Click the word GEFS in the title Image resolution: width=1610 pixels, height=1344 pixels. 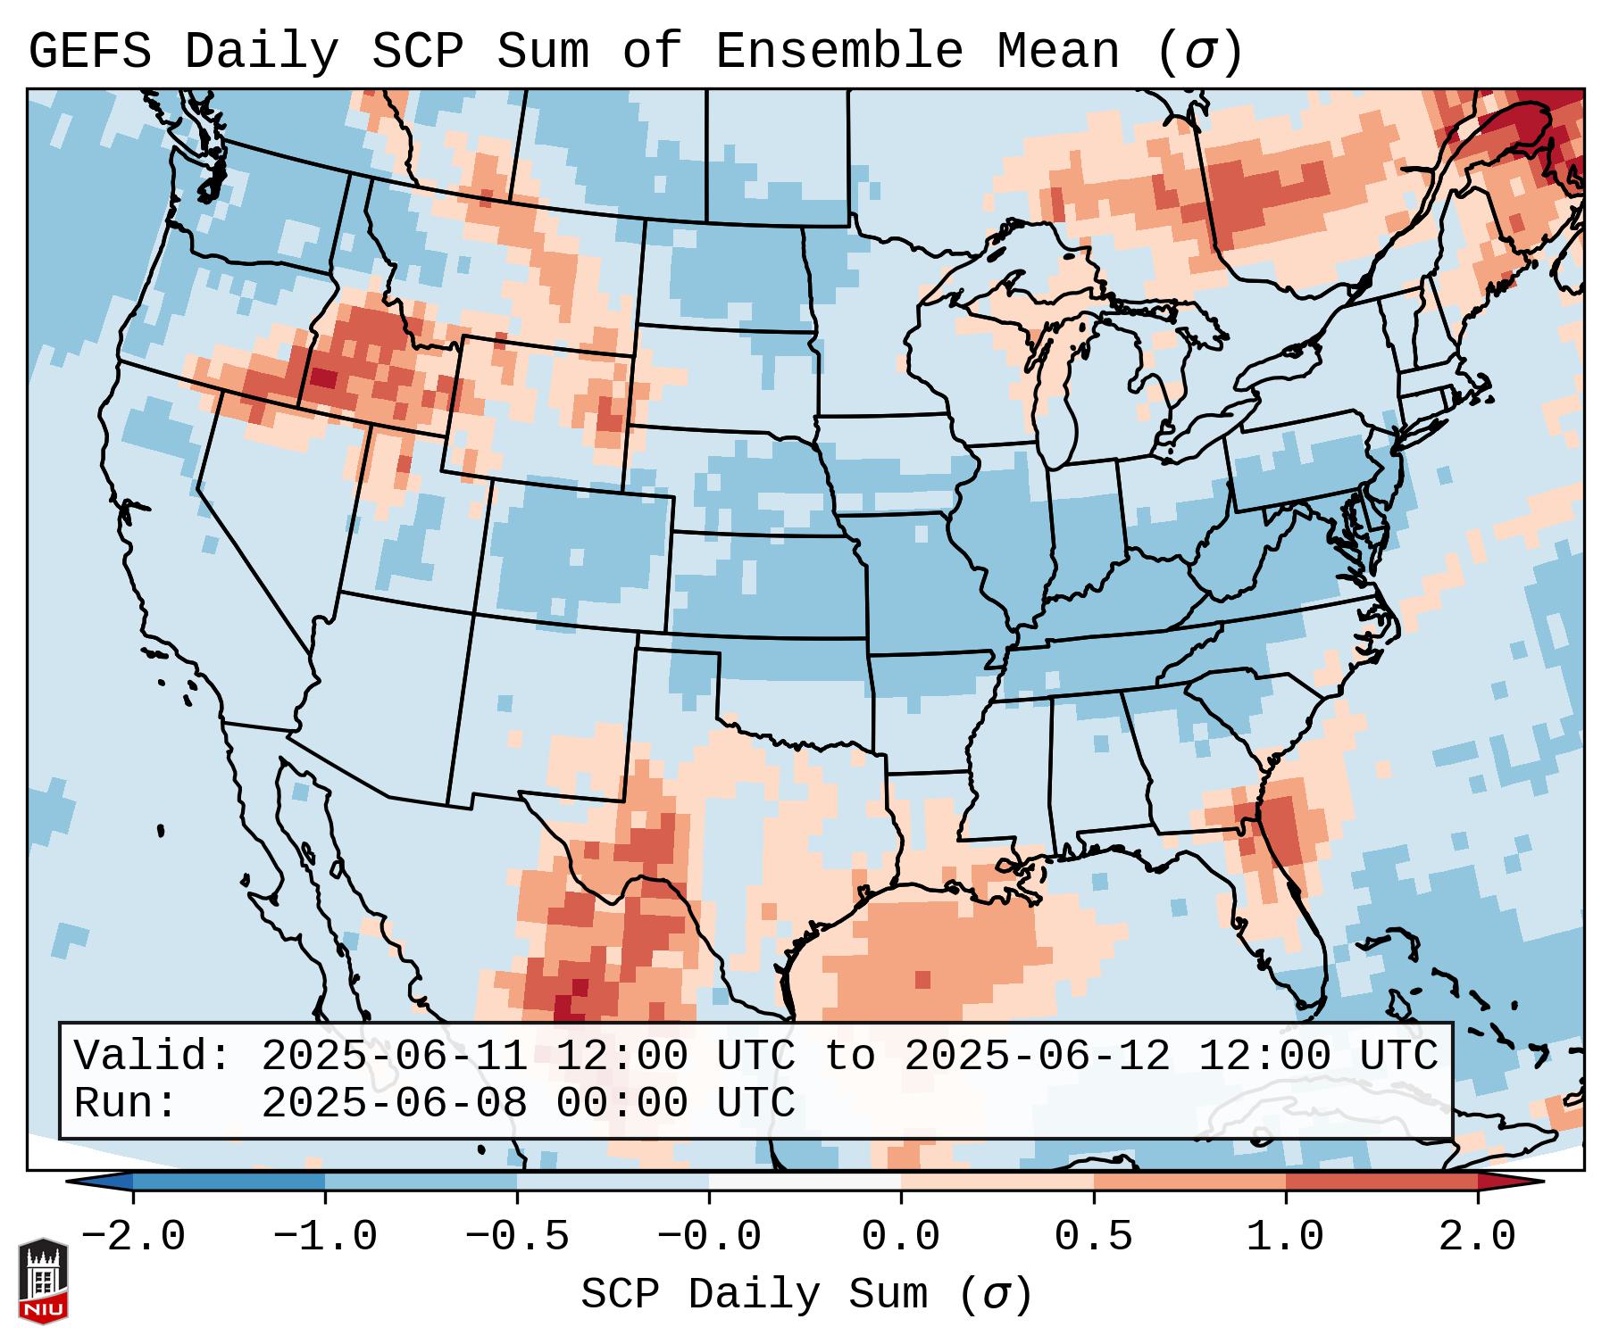point(89,52)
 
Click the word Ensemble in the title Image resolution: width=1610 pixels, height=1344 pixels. point(838,52)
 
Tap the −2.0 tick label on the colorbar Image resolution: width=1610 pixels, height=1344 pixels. point(133,1237)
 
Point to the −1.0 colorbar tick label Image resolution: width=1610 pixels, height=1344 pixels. point(325,1237)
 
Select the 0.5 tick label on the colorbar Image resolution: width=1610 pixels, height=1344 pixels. point(1093,1237)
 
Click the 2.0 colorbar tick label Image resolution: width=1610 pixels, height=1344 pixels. point(1477,1237)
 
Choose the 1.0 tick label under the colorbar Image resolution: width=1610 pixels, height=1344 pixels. point(1285,1237)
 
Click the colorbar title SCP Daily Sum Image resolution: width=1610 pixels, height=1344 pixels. point(755,1294)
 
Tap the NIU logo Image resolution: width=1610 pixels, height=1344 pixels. point(43,1281)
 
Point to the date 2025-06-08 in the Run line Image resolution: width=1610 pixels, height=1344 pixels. point(395,1104)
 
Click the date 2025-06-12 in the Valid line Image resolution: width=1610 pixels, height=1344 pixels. point(1037,1056)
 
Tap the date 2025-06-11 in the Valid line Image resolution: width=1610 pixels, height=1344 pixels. point(395,1056)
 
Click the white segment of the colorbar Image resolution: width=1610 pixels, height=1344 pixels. point(805,1182)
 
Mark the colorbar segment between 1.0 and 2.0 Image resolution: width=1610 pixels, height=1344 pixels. point(1381,1182)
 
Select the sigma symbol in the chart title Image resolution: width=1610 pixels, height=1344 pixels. point(1199,52)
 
